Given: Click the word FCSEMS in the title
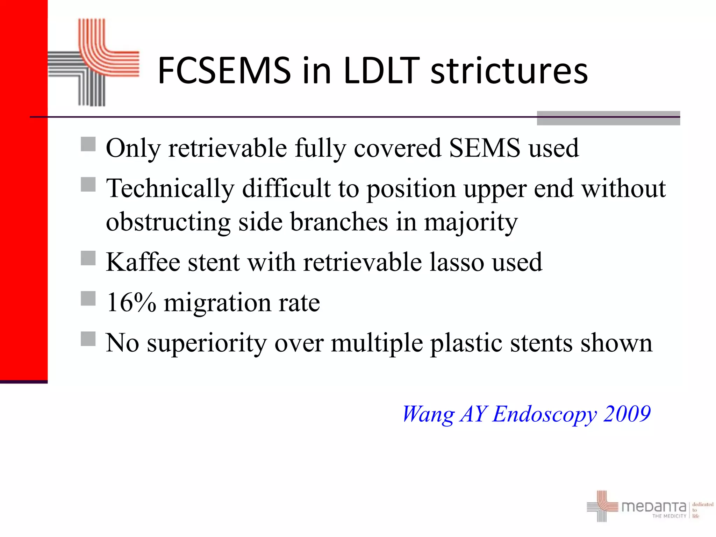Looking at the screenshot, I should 224,71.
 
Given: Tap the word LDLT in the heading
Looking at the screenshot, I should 381,71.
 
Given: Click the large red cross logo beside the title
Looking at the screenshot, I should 94,62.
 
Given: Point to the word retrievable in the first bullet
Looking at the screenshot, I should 227,148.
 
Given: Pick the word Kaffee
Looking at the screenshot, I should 143,262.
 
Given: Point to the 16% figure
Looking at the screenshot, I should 131,302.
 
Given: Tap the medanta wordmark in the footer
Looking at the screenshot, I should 653,506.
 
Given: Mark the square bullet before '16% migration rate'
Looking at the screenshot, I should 88,299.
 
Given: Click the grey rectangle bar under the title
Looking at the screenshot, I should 608,118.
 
